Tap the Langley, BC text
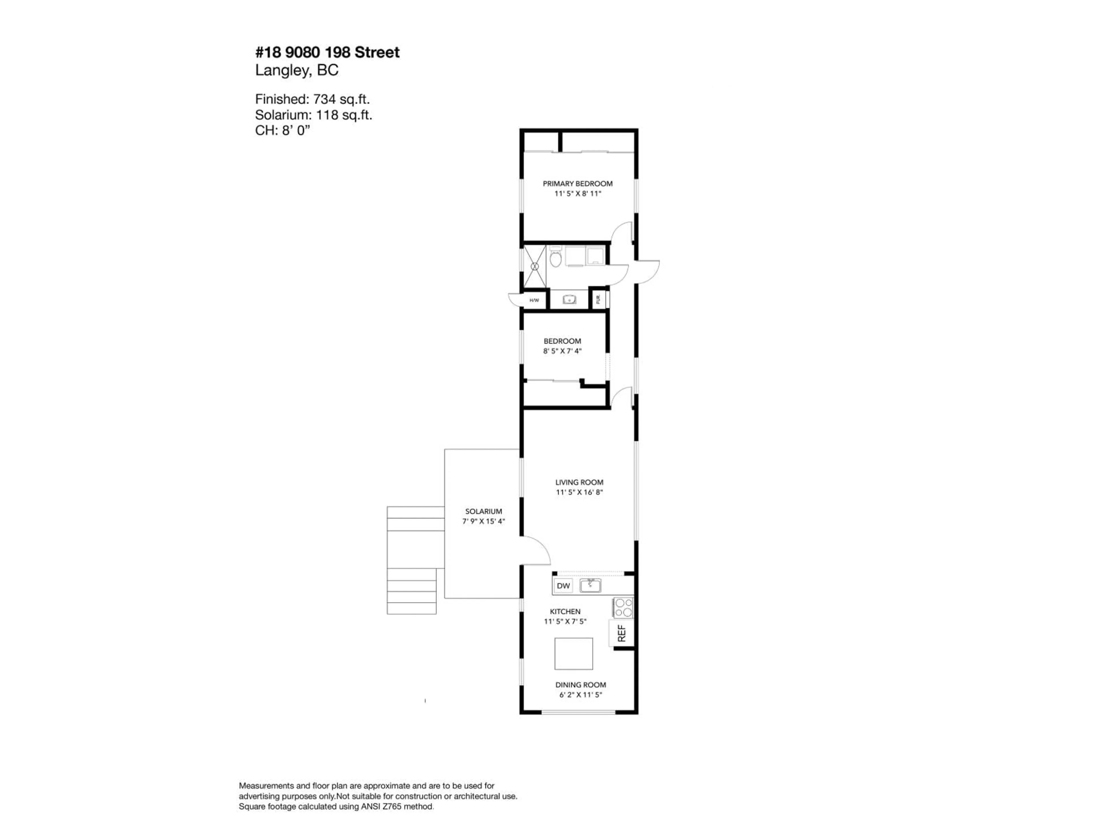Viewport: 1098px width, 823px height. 296,71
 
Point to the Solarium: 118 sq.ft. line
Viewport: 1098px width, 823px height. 313,115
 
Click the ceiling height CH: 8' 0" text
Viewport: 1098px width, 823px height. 283,131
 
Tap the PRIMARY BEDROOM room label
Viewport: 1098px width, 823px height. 577,183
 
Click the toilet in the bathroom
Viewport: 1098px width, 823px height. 556,258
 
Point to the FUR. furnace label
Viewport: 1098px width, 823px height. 598,299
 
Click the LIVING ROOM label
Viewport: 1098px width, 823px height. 579,482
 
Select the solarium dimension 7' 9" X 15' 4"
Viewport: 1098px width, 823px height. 484,522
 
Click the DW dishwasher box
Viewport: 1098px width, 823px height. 563,586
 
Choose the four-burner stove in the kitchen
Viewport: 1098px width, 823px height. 623,608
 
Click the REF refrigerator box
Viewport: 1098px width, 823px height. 621,634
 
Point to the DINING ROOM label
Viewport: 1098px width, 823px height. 580,685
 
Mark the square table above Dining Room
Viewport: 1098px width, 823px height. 573,654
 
